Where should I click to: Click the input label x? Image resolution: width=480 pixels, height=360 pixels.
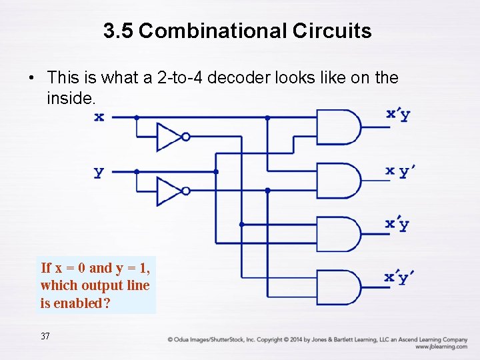pos(99,117)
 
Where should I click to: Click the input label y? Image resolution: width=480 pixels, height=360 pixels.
pos(99,172)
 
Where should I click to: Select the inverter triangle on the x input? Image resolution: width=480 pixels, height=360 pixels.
pos(169,136)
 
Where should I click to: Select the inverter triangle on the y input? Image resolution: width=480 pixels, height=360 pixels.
pos(169,191)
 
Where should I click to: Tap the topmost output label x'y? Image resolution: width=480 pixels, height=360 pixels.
pos(398,114)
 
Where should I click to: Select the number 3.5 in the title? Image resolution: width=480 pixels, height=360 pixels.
pos(119,31)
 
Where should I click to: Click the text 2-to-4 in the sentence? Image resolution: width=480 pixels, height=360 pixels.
pos(179,78)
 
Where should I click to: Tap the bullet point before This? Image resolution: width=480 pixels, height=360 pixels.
pos(31,79)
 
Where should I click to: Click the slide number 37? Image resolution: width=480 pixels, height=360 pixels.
pos(45,336)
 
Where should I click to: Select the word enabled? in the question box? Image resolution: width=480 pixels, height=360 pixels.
pos(82,303)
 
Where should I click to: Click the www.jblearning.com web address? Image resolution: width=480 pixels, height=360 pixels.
pos(441,347)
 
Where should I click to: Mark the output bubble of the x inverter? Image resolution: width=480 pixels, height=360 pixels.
pos(186,137)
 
